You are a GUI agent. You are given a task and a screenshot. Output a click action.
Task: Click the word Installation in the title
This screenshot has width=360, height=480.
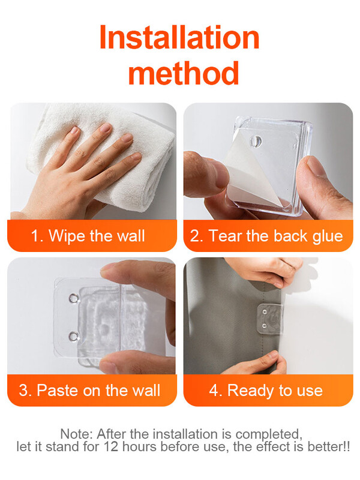(x=179, y=37)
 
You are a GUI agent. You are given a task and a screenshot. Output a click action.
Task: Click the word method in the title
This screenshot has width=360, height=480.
(x=184, y=73)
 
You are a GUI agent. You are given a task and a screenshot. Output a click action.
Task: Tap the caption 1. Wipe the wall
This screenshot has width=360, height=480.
(x=88, y=236)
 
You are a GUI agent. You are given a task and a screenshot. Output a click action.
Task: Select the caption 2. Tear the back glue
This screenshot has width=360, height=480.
(x=266, y=236)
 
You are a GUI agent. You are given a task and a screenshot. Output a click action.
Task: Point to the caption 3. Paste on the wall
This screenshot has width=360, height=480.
(x=89, y=391)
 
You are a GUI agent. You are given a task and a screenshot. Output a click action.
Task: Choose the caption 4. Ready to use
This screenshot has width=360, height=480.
(x=266, y=391)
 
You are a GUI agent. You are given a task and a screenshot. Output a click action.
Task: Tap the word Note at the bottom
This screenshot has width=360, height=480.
(x=77, y=434)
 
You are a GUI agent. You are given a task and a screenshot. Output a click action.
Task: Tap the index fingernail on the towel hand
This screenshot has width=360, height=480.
(x=106, y=127)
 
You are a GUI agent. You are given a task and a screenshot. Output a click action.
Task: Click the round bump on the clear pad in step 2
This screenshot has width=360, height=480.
(x=256, y=141)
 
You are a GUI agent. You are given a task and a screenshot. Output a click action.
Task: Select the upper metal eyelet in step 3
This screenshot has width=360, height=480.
(x=73, y=298)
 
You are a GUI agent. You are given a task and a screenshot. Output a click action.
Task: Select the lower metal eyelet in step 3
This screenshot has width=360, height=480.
(x=73, y=337)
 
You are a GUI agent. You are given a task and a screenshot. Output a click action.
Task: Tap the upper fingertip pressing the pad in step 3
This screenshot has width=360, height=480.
(x=112, y=268)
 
